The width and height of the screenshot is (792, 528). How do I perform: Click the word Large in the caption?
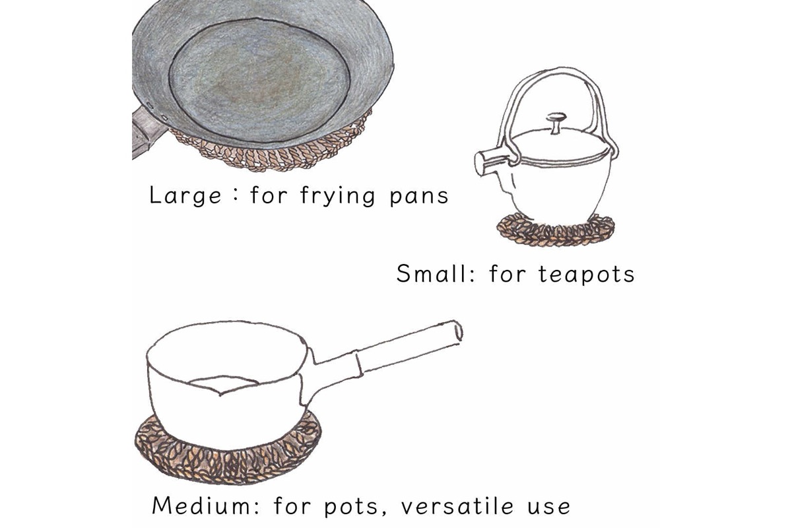[185, 195]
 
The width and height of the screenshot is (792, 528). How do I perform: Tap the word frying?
[337, 195]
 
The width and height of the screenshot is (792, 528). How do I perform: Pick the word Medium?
[206, 505]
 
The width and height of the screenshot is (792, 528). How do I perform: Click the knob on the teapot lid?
[556, 123]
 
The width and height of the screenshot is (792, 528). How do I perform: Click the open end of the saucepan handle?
[458, 331]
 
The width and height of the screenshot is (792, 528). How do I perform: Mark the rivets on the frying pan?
[156, 112]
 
